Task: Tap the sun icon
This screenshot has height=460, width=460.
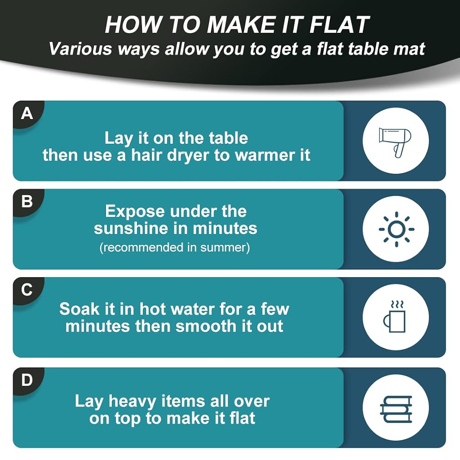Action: coord(396,229)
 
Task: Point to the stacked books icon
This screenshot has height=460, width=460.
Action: coord(396,409)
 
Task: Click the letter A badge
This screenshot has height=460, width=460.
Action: coord(27,113)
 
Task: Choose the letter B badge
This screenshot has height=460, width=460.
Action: coord(27,202)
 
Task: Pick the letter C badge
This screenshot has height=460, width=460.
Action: coord(27,290)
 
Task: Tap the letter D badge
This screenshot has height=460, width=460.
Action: coord(27,380)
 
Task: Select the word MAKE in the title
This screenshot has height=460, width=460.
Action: coord(241,25)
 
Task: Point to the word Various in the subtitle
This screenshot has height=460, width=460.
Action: coord(80,49)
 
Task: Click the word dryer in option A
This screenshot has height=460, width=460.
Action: coord(188,156)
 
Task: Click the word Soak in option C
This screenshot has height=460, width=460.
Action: coord(79,309)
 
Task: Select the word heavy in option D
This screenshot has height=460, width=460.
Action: coord(132,402)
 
